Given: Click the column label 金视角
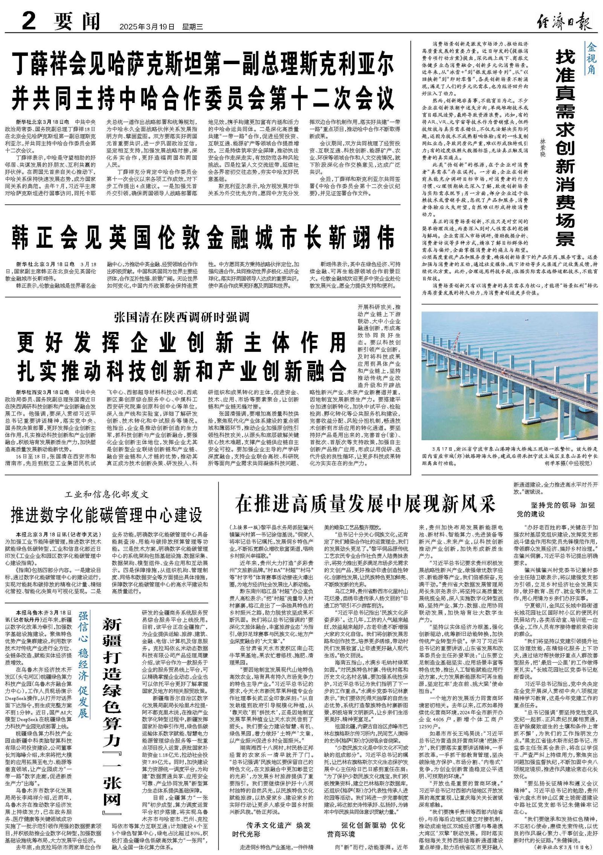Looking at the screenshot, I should click(591, 59).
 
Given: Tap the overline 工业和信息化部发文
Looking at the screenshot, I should click(107, 494).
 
